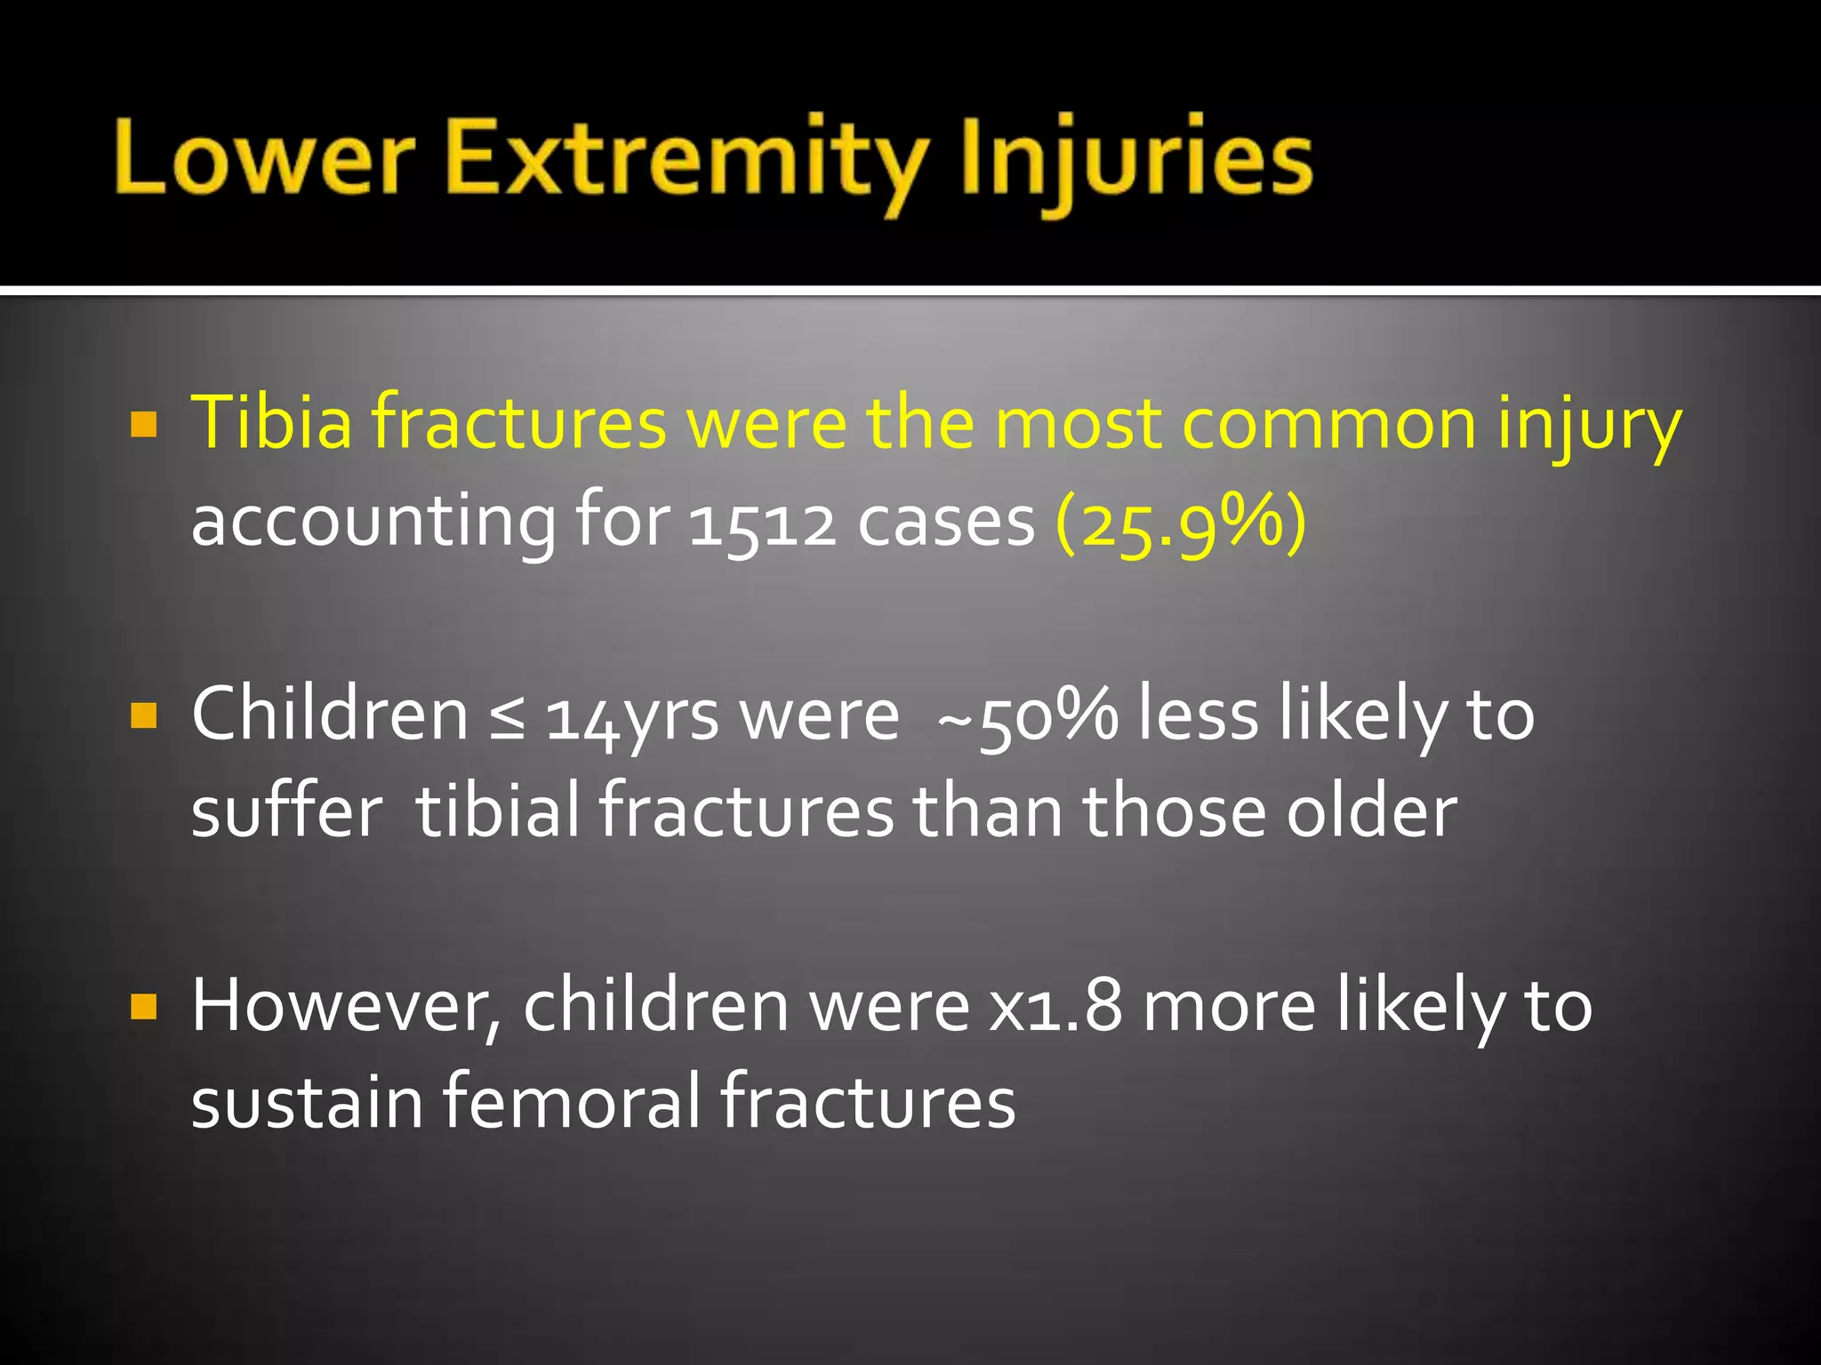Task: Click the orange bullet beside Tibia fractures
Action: coord(143,424)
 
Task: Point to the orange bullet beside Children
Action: coord(143,714)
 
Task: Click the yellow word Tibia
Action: coord(271,421)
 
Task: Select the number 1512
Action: coord(762,522)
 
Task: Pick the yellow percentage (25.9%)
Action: coord(1180,522)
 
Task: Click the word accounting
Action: coord(373,522)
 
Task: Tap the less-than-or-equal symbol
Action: coord(507,716)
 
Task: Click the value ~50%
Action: coord(1027,716)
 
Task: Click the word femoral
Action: coord(572,1101)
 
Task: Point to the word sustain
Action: coord(307,1101)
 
